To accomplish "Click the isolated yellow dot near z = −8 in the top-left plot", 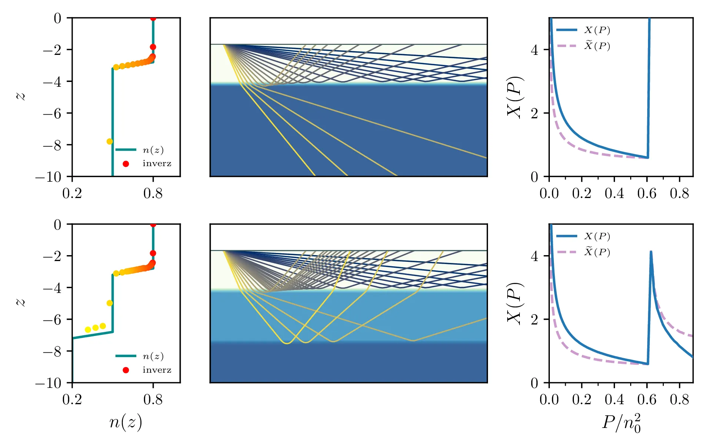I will pos(110,141).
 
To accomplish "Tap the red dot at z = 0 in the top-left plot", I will pos(153,18).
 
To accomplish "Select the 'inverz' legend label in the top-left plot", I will pos(157,164).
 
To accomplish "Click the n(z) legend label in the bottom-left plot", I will pos(153,356).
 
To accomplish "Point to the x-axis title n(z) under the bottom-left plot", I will pos(126,422).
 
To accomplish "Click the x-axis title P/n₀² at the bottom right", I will pos(621,423).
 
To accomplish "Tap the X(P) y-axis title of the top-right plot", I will pos(515,97).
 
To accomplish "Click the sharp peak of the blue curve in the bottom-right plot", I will pos(651,252).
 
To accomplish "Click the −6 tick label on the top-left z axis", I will pos(52,113).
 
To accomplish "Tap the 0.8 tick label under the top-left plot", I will pos(153,194).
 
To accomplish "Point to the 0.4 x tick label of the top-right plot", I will pos(614,194).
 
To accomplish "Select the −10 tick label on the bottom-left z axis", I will pos(49,383).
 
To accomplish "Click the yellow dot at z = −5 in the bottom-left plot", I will pos(110,303).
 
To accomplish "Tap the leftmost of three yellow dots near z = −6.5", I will pos(88,330).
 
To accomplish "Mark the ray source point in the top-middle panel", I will pos(224,44).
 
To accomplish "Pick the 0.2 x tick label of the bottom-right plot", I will pos(582,400).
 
